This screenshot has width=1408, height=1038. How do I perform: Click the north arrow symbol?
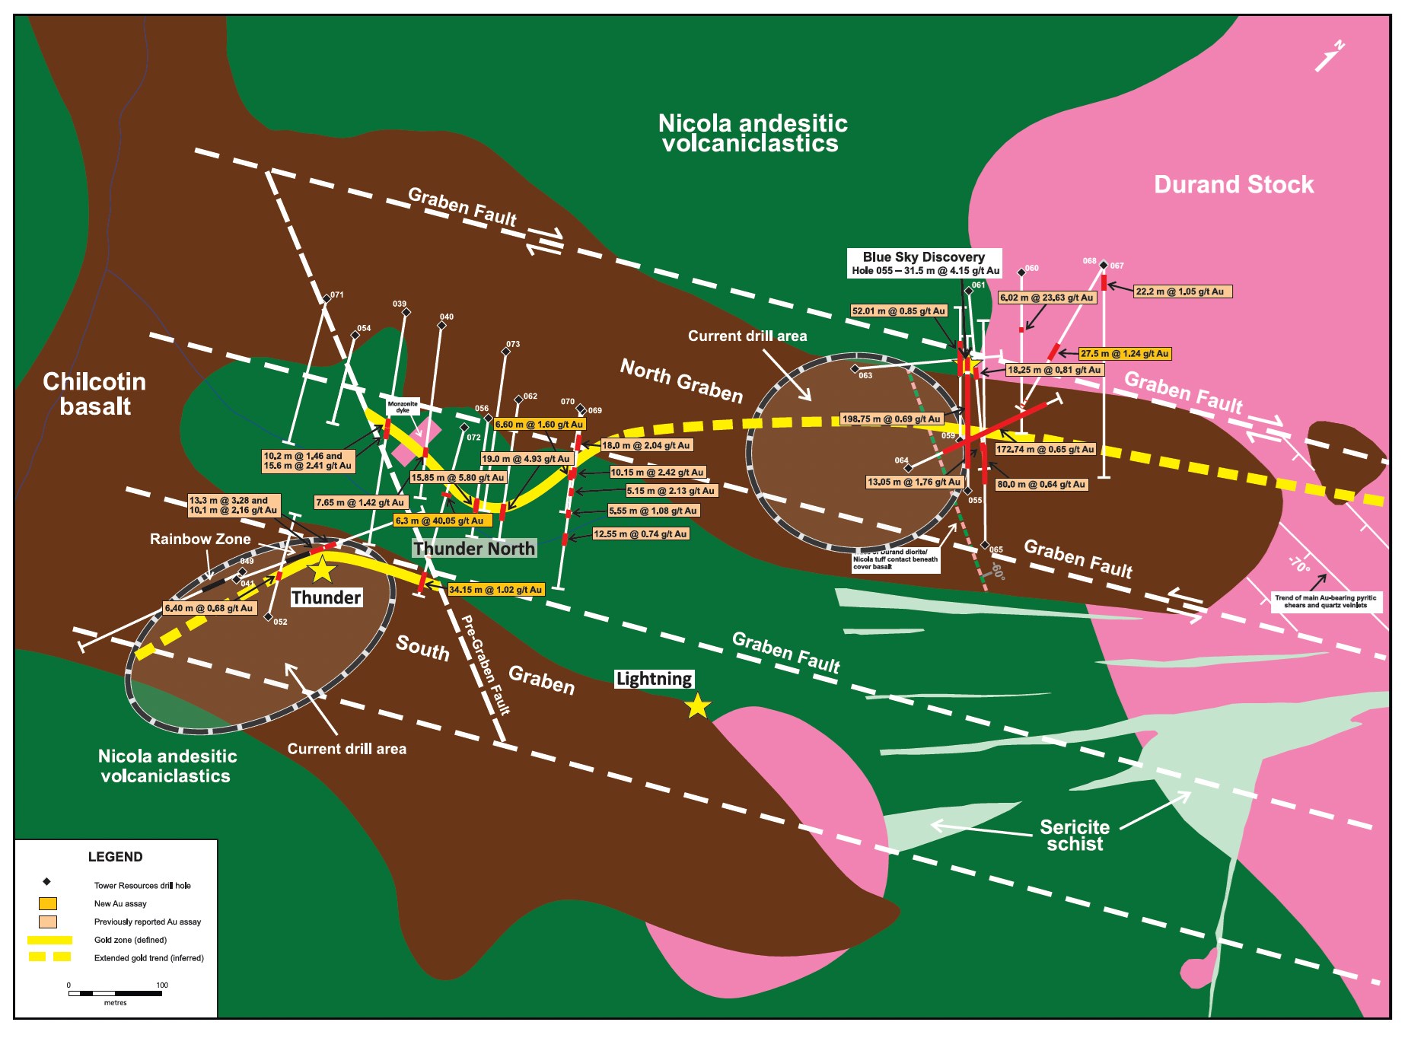click(1329, 56)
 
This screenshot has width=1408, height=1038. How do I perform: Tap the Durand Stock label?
click(1233, 185)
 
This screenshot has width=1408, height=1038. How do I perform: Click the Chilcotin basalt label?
click(94, 393)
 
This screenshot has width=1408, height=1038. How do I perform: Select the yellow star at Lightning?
click(697, 707)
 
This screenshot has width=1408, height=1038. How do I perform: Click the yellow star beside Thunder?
click(322, 569)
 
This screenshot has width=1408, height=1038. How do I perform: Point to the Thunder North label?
click(474, 549)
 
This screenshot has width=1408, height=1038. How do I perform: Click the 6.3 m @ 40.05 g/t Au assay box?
click(442, 521)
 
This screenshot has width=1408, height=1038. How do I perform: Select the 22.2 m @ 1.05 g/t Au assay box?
click(1183, 291)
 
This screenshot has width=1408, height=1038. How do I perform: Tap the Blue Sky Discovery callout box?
click(924, 263)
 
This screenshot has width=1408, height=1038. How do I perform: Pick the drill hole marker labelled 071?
click(327, 299)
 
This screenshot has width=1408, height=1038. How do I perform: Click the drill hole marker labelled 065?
click(985, 545)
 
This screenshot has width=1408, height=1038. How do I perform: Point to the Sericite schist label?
click(1074, 835)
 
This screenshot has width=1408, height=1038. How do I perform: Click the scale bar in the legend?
click(115, 993)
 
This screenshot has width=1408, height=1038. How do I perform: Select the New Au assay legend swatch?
click(48, 904)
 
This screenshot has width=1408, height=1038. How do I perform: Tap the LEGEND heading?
click(115, 857)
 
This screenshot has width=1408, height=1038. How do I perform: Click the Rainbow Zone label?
click(199, 540)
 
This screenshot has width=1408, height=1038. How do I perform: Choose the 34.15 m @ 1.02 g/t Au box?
click(495, 590)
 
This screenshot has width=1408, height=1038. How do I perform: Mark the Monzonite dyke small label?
click(403, 407)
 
